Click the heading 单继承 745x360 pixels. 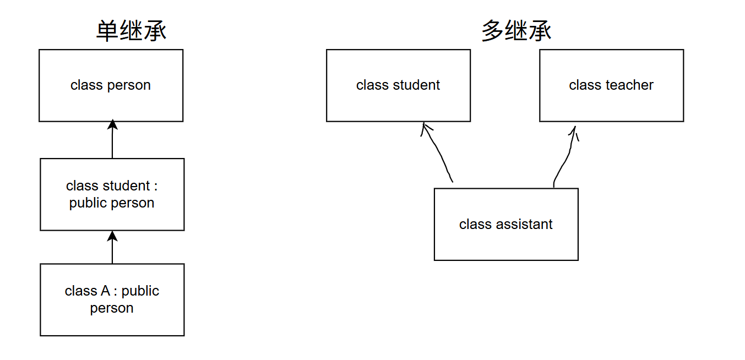(x=131, y=31)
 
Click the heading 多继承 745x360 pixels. (x=516, y=31)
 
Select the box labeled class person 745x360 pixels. (x=111, y=85)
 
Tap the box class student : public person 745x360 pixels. (x=112, y=194)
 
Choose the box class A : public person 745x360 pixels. (x=112, y=299)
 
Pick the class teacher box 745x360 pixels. (x=611, y=85)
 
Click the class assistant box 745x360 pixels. (x=506, y=224)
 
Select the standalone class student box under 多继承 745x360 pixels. (x=398, y=85)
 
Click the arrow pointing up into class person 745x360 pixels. (x=112, y=140)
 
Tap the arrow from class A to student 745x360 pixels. (x=112, y=247)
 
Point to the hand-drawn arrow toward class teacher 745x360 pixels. (x=565, y=157)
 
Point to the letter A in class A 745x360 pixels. (x=106, y=291)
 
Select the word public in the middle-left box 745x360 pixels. (x=89, y=203)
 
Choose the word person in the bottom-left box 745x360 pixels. (x=112, y=308)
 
